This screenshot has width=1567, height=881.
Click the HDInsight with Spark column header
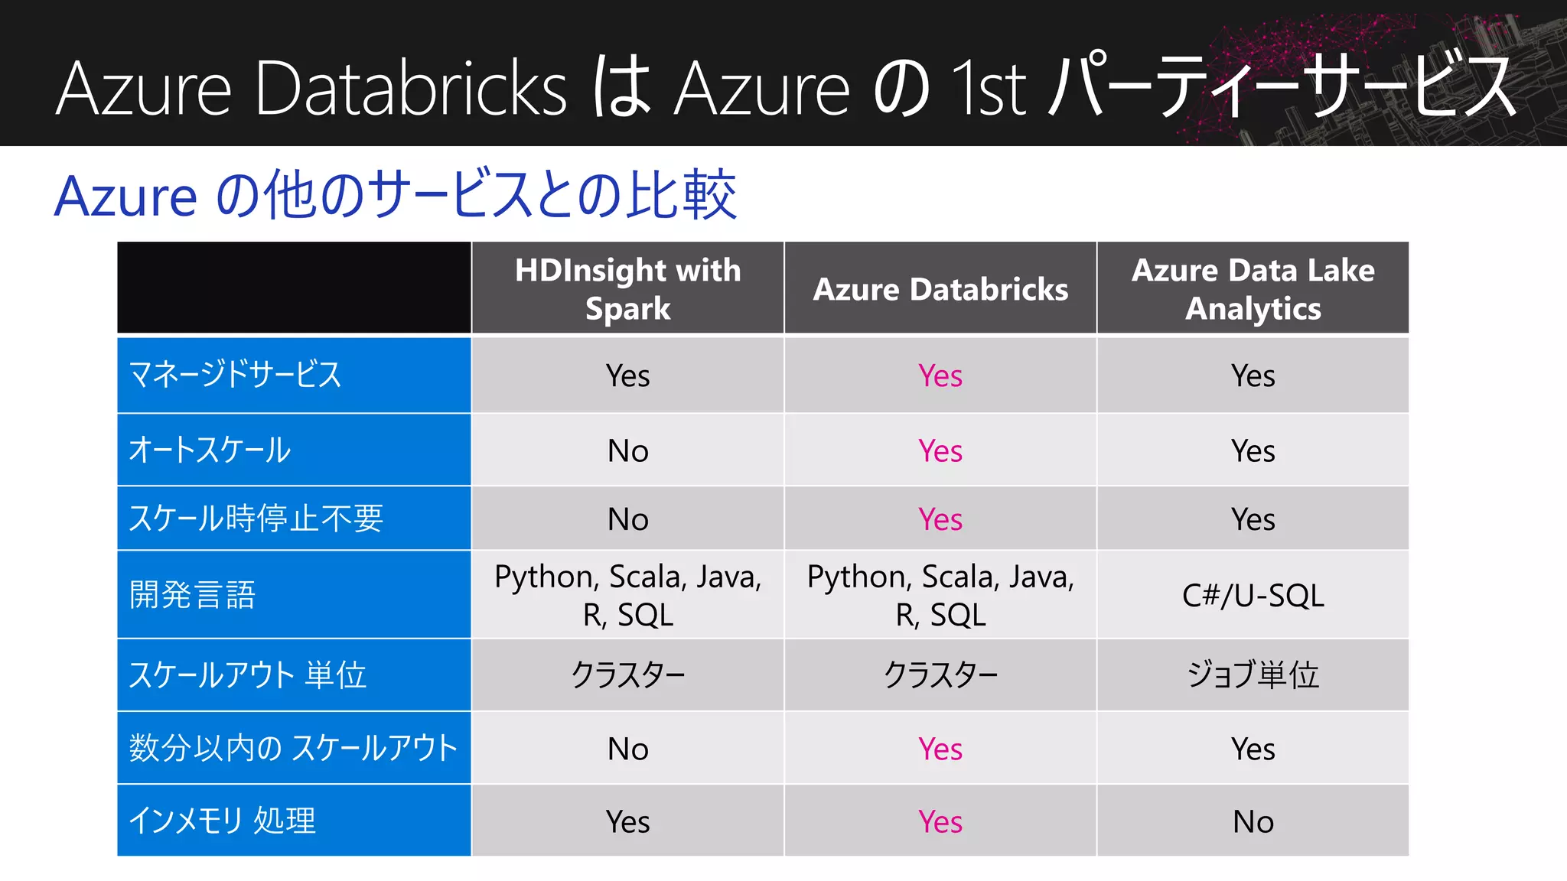pos(627,289)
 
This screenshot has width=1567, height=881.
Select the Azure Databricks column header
pos(940,289)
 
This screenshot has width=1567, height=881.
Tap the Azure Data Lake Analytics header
pos(1253,289)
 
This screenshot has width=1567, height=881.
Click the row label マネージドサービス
pos(235,375)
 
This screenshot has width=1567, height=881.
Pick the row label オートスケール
pos(210,450)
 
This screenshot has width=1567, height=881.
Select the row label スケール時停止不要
pos(256,519)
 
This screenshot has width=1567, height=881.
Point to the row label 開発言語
pos(193,595)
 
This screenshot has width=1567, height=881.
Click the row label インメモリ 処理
pos(222,821)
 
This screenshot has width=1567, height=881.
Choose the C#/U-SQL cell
pos(1253,596)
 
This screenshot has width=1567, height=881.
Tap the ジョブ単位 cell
pos(1253,675)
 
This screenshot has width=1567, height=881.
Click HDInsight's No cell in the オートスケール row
pos(627,450)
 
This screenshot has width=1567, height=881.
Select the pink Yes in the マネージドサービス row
pos(940,375)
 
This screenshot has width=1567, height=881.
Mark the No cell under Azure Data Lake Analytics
pos(1253,821)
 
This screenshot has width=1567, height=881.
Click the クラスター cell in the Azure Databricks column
pos(940,675)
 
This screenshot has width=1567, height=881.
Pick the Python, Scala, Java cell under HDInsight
pos(627,595)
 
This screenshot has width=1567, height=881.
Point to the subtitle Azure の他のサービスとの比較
pos(395,196)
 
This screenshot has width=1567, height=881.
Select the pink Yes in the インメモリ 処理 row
pos(940,821)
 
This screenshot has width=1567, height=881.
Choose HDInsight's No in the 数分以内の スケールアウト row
pos(627,749)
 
